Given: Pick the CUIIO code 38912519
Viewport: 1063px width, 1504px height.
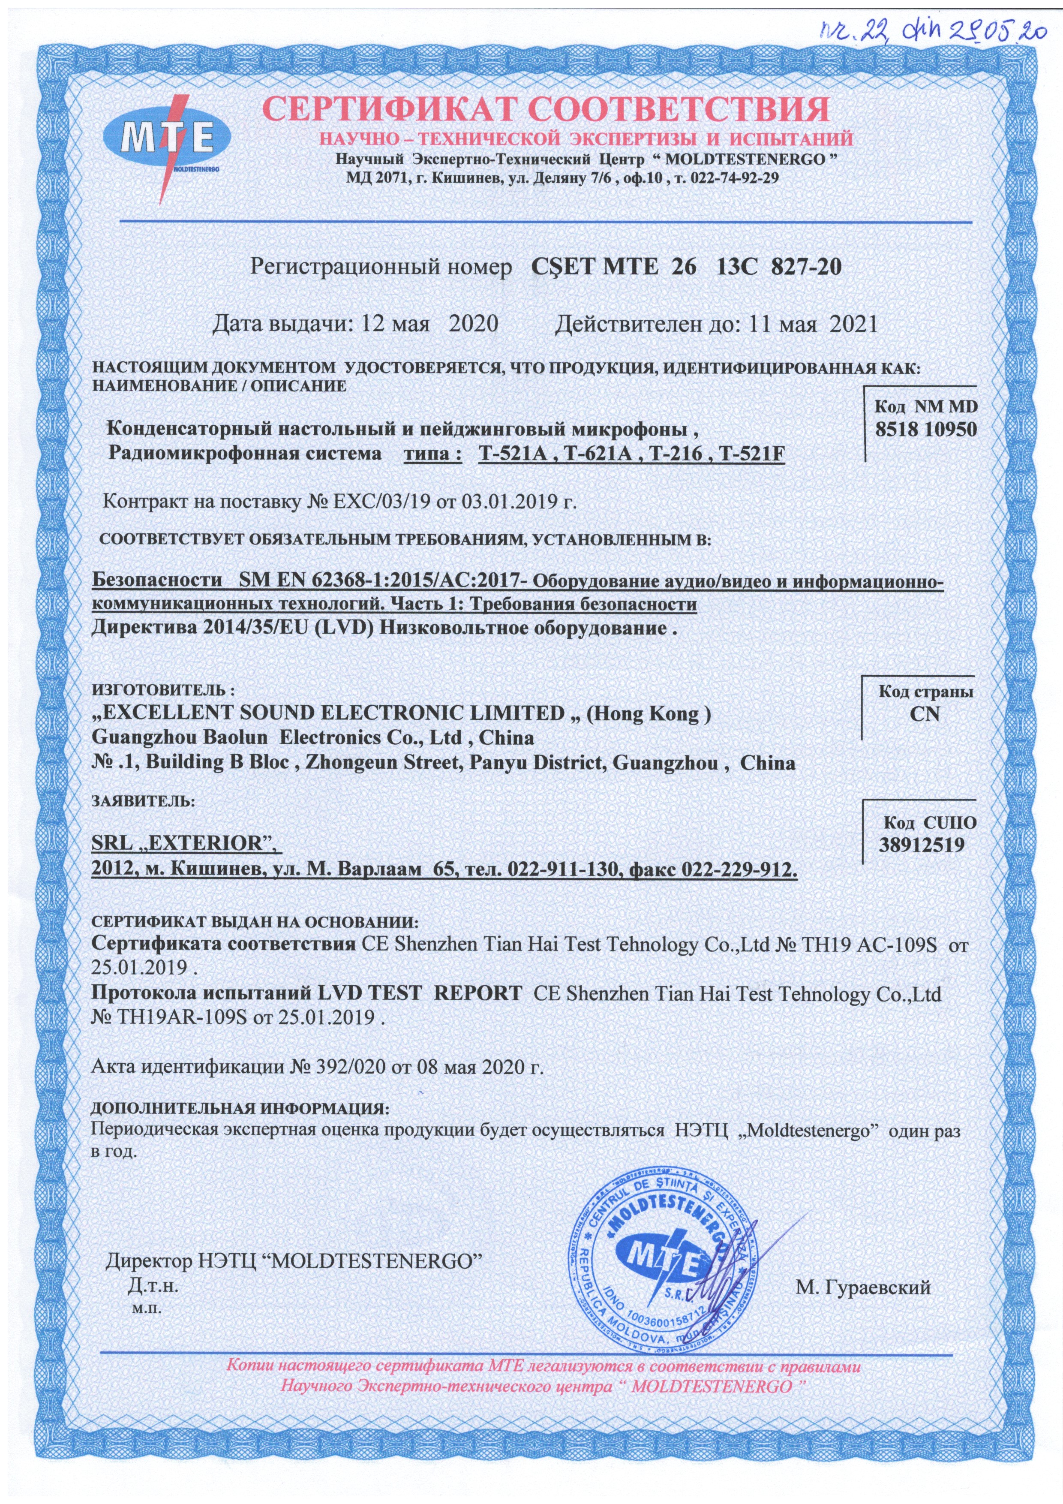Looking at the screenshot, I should pyautogui.click(x=922, y=845).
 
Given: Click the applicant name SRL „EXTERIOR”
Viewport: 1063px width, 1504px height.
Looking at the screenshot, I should pyautogui.click(x=185, y=844).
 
